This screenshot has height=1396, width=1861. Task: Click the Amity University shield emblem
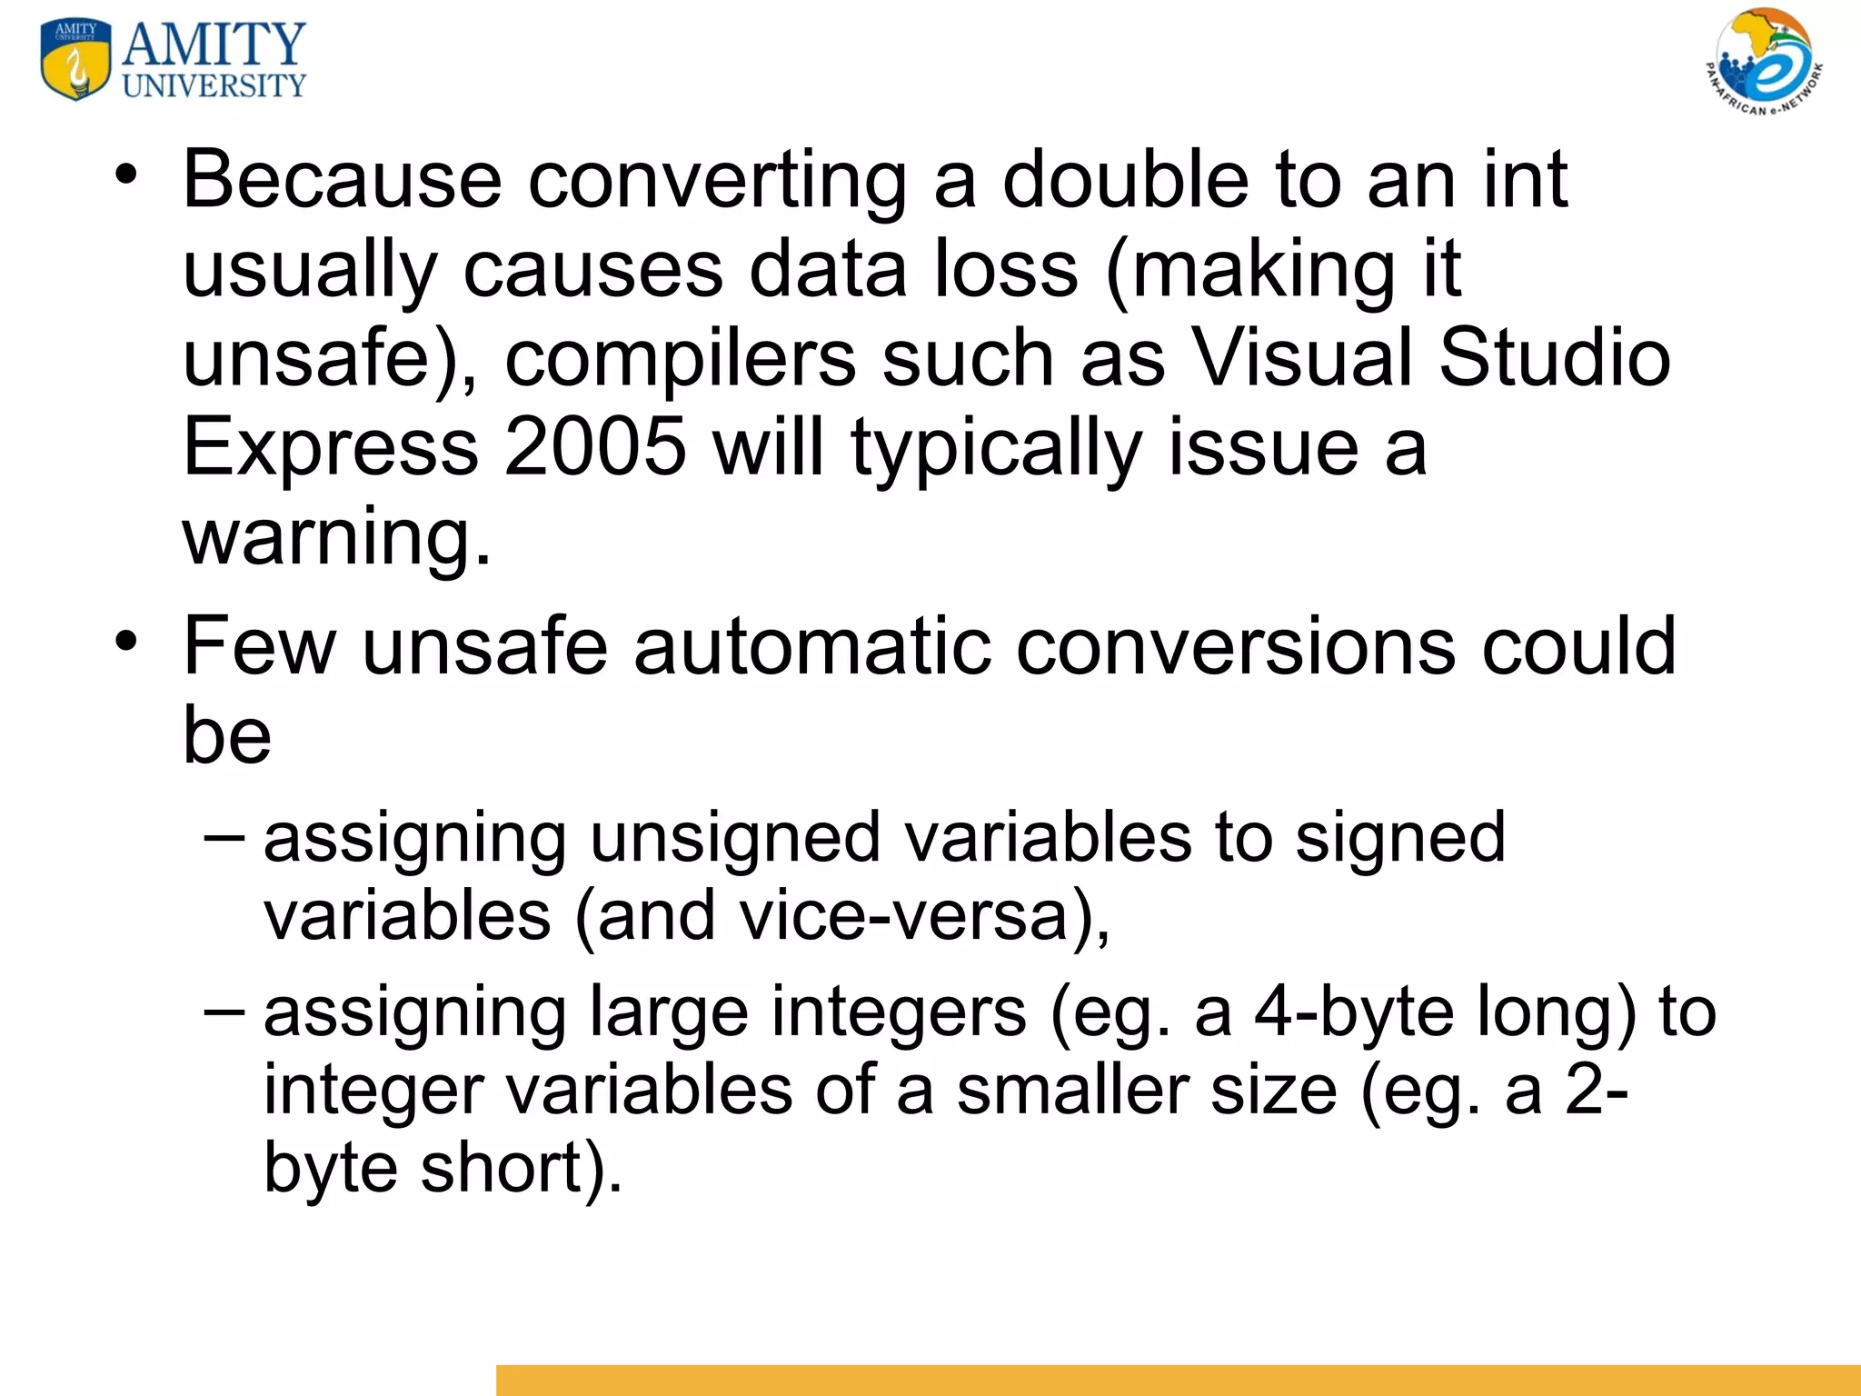(x=75, y=59)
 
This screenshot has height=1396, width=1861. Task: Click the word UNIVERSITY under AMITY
(x=214, y=86)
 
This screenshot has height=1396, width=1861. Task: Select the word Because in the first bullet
(x=342, y=179)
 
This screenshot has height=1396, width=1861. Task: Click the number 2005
(x=595, y=446)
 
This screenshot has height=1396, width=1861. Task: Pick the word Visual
(x=1301, y=357)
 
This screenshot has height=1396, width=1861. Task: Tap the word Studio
(x=1555, y=357)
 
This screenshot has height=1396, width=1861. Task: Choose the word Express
(x=331, y=446)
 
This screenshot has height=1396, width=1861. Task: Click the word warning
(x=336, y=536)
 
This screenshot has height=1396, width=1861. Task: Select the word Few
(x=259, y=646)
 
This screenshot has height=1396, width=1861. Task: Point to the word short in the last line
(x=500, y=1168)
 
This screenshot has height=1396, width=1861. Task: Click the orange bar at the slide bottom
(x=1178, y=1380)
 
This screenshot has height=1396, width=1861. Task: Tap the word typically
(x=996, y=448)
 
